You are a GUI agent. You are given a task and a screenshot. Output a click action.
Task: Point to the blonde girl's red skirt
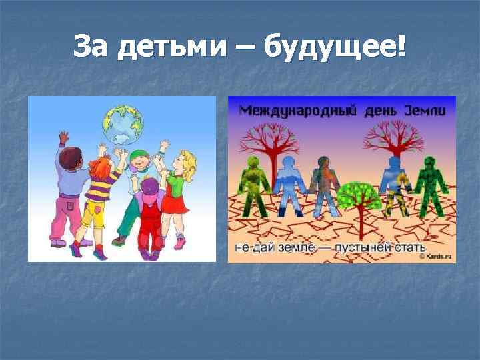[x=175, y=204]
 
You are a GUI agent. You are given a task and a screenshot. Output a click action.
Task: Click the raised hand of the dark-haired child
[x=63, y=137]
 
